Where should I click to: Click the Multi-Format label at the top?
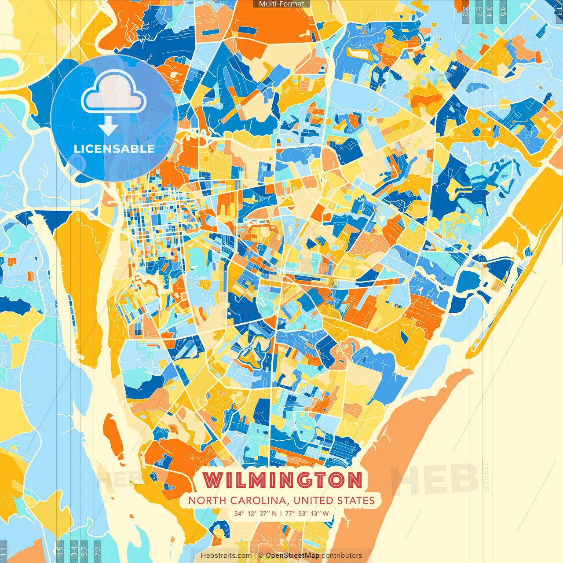tap(281, 4)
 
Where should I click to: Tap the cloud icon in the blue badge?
tap(114, 92)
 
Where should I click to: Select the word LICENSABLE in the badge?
tap(114, 149)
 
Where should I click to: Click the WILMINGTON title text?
tap(282, 480)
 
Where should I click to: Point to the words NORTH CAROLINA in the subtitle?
tap(238, 501)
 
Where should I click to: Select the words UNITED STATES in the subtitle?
tap(334, 501)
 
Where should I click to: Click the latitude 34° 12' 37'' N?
tap(256, 513)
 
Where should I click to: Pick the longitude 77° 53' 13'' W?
tap(307, 513)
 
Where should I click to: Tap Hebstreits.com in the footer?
tap(226, 556)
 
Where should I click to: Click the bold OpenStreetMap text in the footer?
tap(292, 556)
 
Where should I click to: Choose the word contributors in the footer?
tap(341, 556)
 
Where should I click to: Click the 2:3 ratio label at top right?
tap(465, 11)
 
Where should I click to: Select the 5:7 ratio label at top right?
tap(478, 11)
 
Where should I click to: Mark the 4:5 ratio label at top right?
tap(503, 11)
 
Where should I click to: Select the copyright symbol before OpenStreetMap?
tap(261, 556)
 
